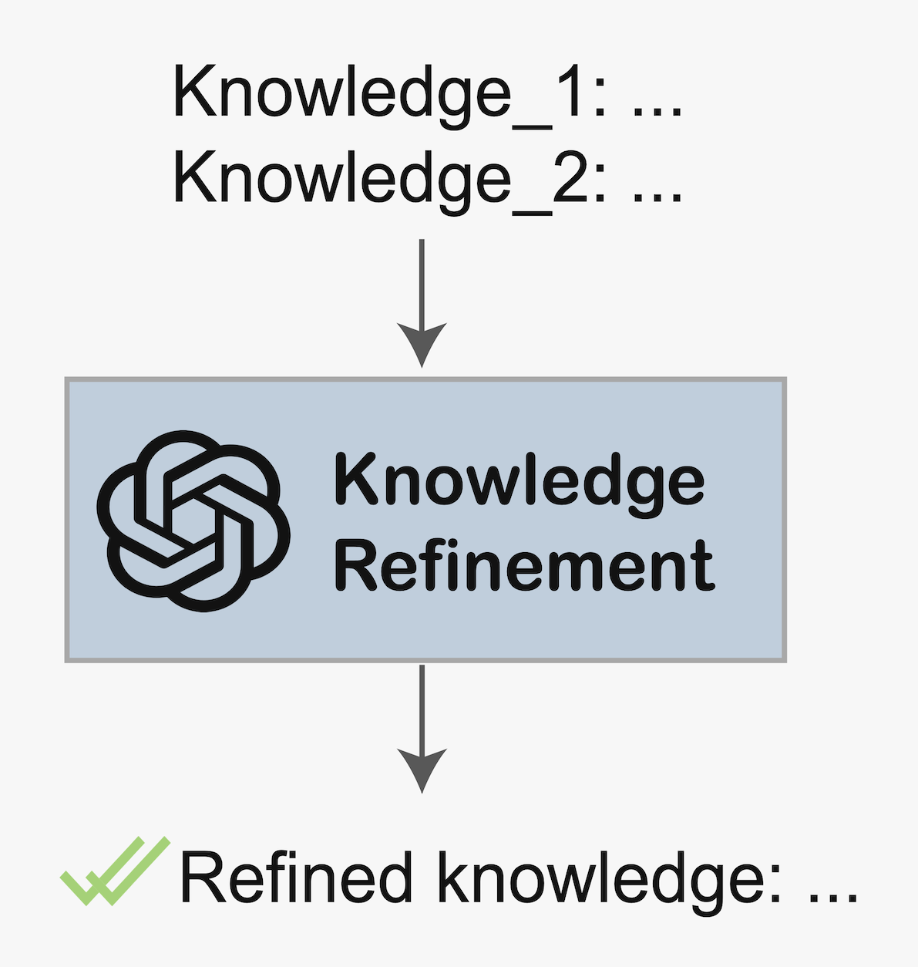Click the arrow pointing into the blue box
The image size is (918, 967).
click(x=422, y=303)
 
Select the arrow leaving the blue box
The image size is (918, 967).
click(x=422, y=729)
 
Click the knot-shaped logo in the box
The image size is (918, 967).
click(x=193, y=521)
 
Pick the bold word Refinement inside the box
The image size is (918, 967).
click(x=525, y=565)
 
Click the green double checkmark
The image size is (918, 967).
click(x=116, y=871)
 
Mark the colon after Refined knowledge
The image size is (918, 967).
click(x=775, y=884)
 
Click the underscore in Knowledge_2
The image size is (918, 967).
click(x=533, y=213)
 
